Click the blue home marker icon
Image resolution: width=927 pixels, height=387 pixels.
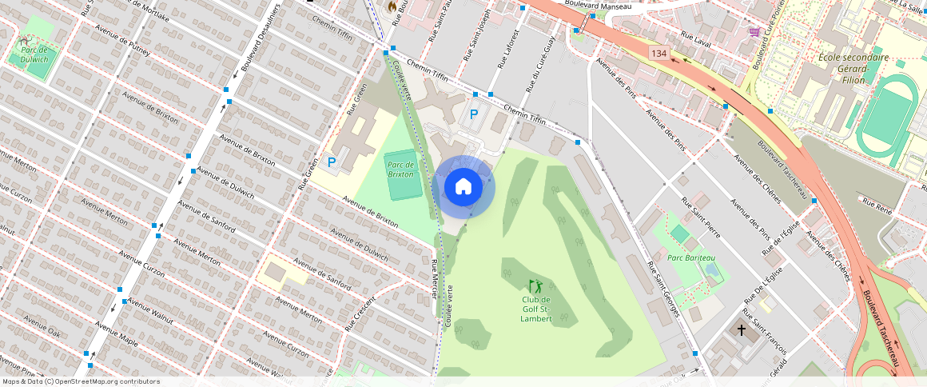pos(463,187)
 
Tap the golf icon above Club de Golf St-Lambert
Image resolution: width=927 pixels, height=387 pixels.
pos(535,285)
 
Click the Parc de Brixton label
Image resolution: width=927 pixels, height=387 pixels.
pos(401,169)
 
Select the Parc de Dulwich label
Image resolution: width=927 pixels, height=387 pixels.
pos(35,54)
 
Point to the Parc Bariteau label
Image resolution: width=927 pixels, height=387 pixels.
pos(691,257)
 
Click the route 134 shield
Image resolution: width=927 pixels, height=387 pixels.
pos(658,53)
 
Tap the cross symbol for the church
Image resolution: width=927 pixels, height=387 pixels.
pos(741,329)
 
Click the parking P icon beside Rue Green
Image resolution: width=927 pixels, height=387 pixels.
pos(332,162)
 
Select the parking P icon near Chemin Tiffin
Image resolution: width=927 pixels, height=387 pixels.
pos(474,114)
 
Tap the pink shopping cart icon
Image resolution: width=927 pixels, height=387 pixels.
pos(754,32)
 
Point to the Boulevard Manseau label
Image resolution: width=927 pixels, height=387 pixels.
pos(598,6)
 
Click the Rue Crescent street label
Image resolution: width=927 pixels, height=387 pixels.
pos(360,313)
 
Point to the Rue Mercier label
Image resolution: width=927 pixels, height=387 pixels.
pos(435,279)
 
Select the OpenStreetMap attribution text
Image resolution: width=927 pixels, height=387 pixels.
pos(80,381)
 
